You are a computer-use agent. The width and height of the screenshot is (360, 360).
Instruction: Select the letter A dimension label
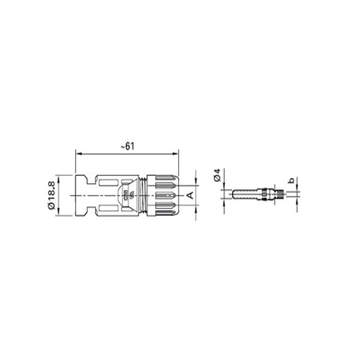[189, 195]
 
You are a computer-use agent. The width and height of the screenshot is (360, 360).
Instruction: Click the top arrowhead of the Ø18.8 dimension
[58, 176]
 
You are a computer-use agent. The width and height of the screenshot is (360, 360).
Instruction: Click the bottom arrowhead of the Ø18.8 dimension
[58, 214]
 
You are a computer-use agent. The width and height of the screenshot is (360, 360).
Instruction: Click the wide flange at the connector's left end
[81, 195]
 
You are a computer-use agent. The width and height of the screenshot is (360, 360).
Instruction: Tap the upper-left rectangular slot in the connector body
[108, 182]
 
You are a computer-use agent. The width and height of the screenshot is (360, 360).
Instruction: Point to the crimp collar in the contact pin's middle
[264, 194]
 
